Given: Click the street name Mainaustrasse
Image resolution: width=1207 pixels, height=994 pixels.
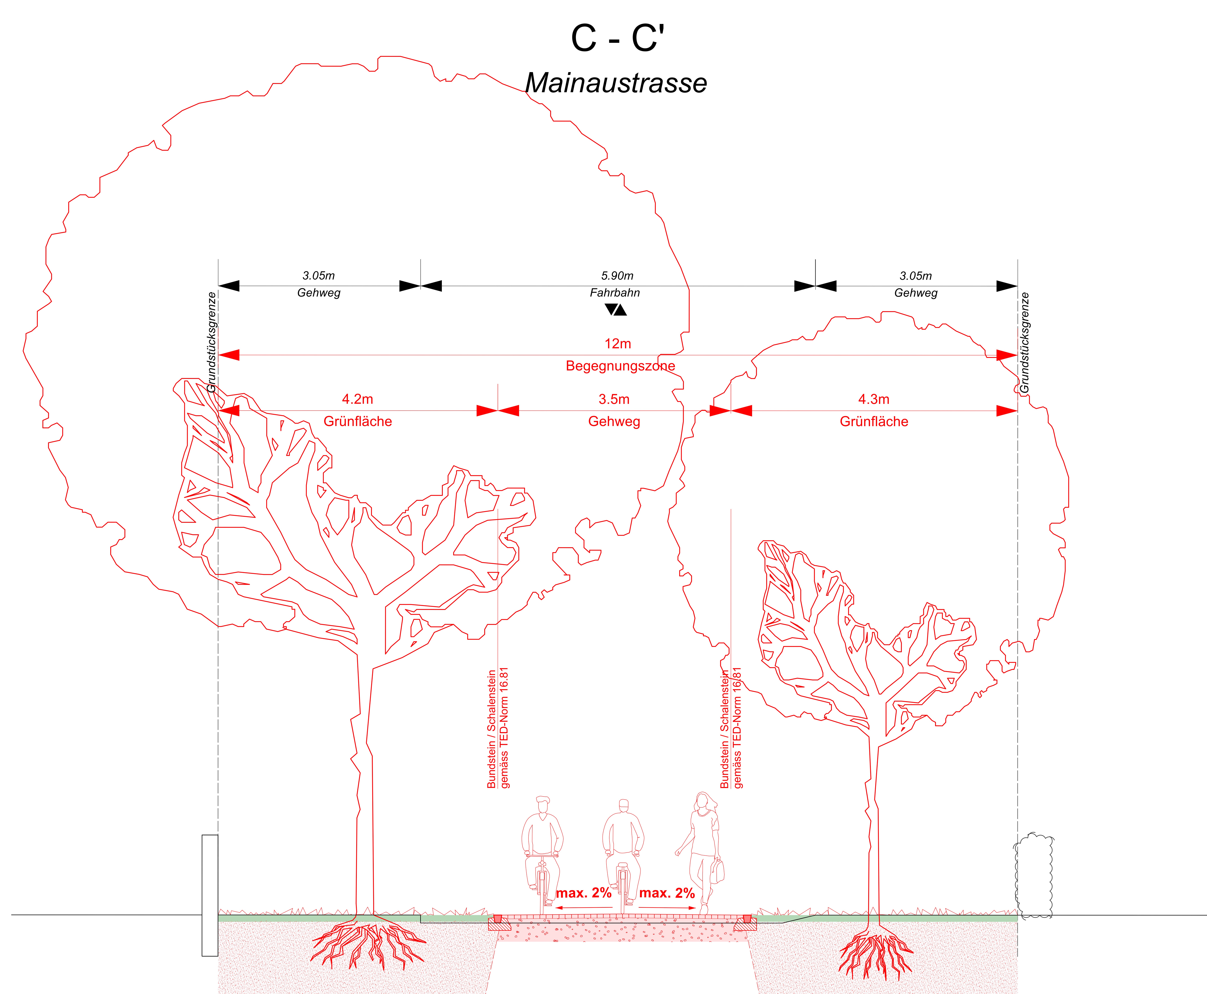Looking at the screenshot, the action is tap(616, 83).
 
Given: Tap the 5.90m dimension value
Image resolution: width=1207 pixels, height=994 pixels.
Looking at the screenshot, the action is tap(617, 276).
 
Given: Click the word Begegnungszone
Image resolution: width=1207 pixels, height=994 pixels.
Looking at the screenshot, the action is tap(620, 366).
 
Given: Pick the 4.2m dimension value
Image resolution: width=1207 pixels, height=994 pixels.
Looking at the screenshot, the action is tap(358, 399).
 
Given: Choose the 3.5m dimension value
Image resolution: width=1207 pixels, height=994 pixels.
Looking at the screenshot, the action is tap(614, 399).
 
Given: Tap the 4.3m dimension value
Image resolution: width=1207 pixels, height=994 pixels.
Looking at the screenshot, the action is tap(874, 399).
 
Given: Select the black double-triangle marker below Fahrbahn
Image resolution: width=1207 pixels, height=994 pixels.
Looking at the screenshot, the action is tap(616, 310).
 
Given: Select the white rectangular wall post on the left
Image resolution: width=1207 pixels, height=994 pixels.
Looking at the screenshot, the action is tap(210, 896).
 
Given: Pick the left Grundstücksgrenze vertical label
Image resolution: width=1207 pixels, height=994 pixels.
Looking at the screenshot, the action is tap(212, 342).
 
